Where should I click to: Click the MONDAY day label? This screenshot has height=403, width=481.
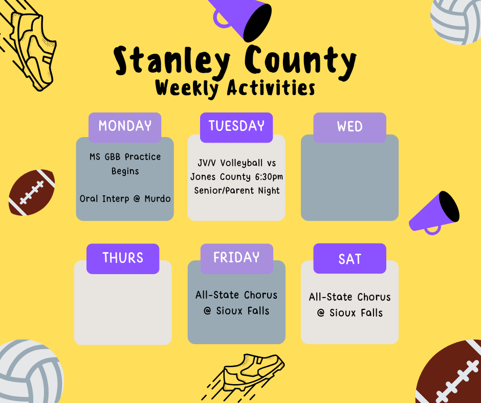[125, 126]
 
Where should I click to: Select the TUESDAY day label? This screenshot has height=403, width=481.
[236, 126]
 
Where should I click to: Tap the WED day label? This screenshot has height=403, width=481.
[349, 127]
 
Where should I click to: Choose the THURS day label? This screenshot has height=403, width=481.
[123, 258]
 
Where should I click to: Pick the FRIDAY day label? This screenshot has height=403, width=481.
[236, 257]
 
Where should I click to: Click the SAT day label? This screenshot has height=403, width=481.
[349, 259]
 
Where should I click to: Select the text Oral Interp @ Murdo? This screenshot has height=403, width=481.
[125, 198]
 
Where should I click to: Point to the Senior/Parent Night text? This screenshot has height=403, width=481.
[236, 191]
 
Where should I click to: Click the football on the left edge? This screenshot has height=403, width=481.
[32, 192]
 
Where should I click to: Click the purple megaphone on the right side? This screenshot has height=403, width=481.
[434, 212]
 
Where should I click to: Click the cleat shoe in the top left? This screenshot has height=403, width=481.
[32, 49]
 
